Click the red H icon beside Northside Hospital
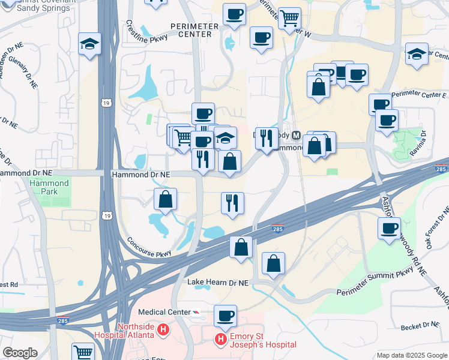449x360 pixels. tap(163, 329)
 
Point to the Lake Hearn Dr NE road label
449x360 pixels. tap(217, 282)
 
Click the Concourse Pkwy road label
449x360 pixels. tap(150, 248)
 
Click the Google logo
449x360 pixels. tap(20, 352)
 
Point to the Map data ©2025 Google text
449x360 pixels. tap(412, 355)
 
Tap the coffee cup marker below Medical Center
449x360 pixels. tap(225, 316)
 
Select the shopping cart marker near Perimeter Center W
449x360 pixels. tap(290, 17)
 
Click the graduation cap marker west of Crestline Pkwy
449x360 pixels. tap(89, 44)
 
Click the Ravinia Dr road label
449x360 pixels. tap(423, 142)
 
